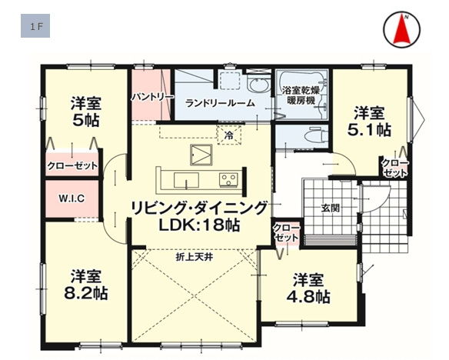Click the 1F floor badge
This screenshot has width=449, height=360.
tap(35, 26)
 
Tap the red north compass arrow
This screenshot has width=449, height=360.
tap(402, 30)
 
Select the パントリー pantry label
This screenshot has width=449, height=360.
tap(153, 98)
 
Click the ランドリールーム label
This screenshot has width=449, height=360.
tap(220, 103)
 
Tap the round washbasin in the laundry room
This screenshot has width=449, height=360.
tap(259, 85)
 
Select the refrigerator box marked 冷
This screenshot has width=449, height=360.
tap(229, 135)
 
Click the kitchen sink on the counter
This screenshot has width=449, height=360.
tap(186, 180)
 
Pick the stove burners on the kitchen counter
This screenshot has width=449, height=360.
tap(228, 180)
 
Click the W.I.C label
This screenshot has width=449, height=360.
tap(72, 198)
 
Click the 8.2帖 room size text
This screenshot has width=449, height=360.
tap(86, 293)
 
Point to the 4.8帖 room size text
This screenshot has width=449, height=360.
tap(308, 297)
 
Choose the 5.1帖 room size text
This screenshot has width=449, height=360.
tap(369, 130)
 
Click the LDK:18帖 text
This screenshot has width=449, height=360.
tap(199, 225)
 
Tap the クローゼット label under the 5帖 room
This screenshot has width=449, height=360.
tap(72, 166)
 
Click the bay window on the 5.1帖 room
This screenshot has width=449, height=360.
tap(417, 119)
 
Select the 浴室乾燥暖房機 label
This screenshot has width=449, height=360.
tap(301, 95)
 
